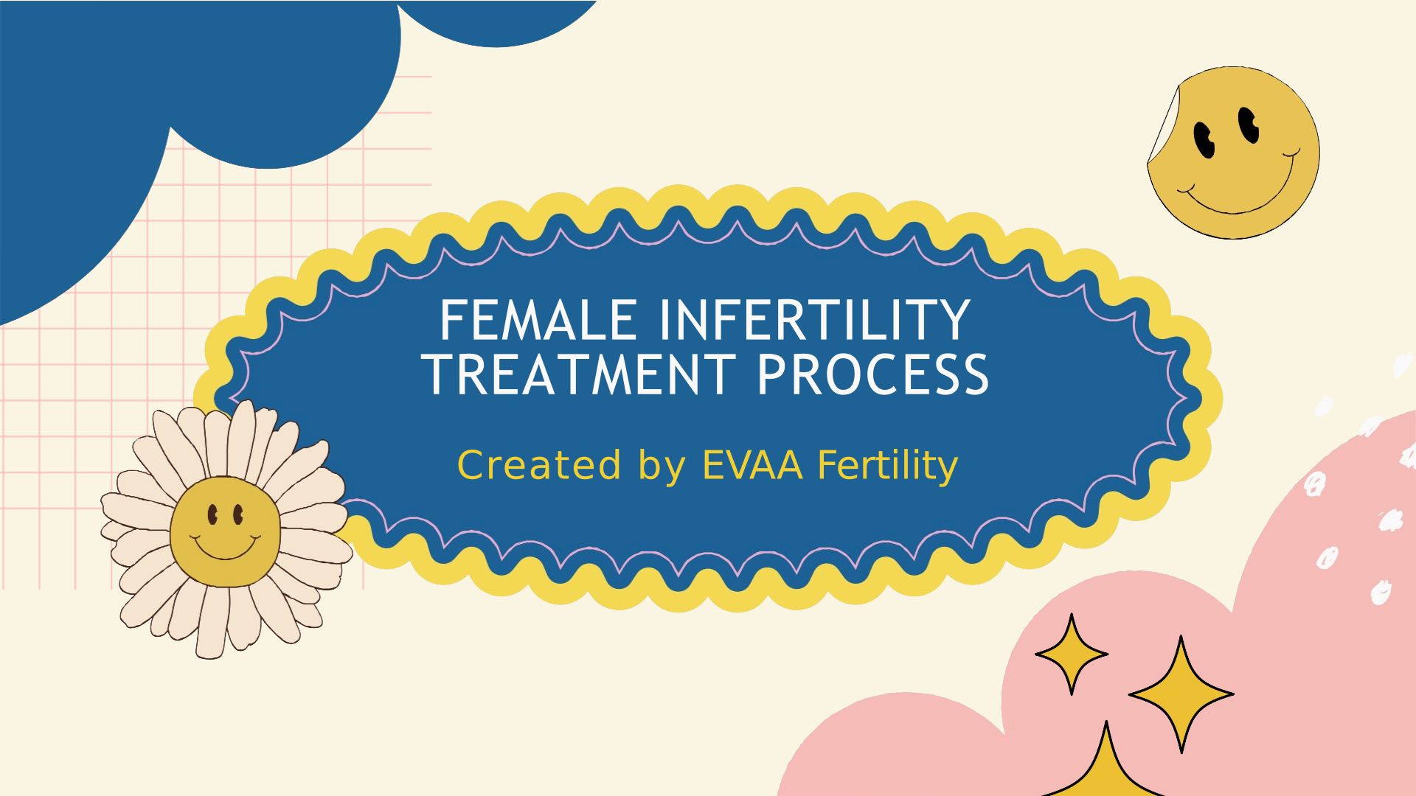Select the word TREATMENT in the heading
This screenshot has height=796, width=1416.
point(580,374)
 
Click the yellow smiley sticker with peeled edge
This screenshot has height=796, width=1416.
point(1233,153)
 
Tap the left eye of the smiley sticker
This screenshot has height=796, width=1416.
point(1204,140)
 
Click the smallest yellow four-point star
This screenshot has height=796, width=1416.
point(1072,654)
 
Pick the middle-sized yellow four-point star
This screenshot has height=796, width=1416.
point(1181,694)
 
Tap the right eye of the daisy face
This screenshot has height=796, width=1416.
point(238,515)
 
